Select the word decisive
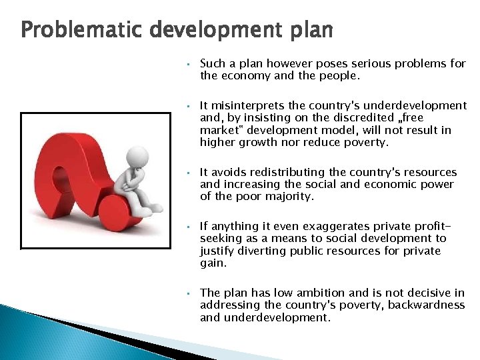427,293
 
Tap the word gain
213,263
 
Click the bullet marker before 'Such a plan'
189,65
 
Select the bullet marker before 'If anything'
189,227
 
